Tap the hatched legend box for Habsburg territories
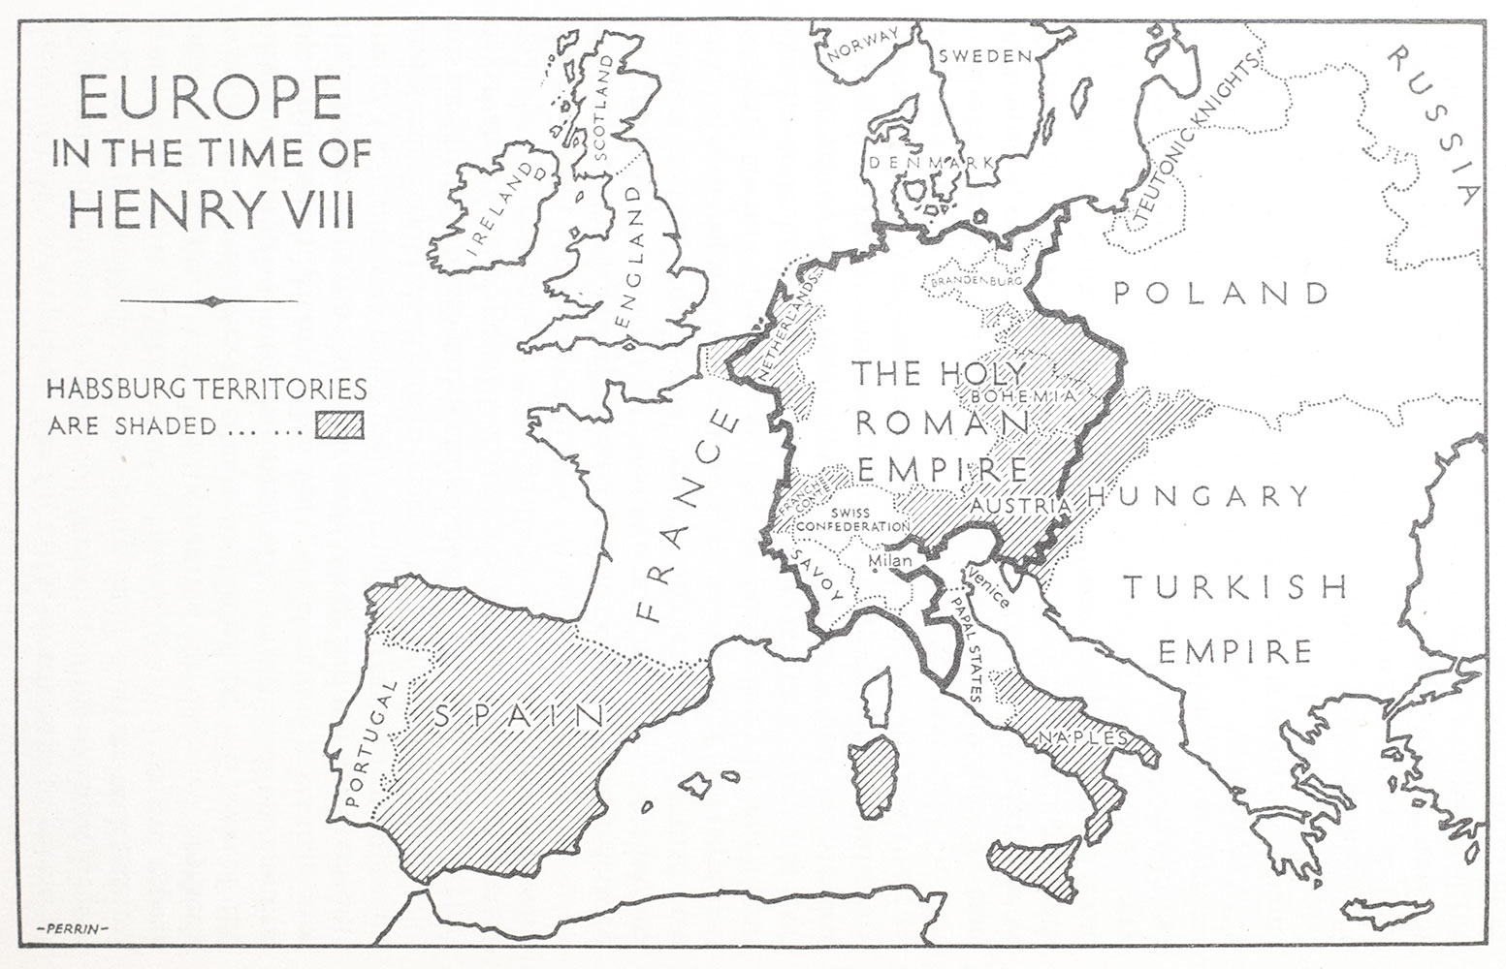click(338, 425)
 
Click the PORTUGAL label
click(371, 744)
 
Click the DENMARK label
click(932, 163)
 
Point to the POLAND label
click(1220, 292)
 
